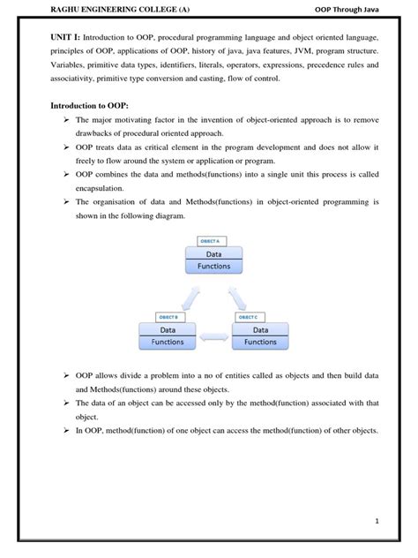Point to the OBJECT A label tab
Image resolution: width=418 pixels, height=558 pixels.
(x=213, y=241)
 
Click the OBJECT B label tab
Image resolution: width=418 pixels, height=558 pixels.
(x=168, y=316)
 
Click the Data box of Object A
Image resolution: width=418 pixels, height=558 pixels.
(x=215, y=253)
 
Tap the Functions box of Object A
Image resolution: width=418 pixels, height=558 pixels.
(x=215, y=266)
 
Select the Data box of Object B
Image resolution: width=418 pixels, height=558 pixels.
(x=168, y=328)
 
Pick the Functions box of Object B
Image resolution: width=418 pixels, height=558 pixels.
(x=168, y=342)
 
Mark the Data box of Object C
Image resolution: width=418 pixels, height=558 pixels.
(x=260, y=328)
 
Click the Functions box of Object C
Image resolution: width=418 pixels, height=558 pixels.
(x=260, y=342)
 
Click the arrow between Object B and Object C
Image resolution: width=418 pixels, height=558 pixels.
(x=214, y=336)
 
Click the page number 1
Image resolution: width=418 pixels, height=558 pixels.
(x=377, y=521)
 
